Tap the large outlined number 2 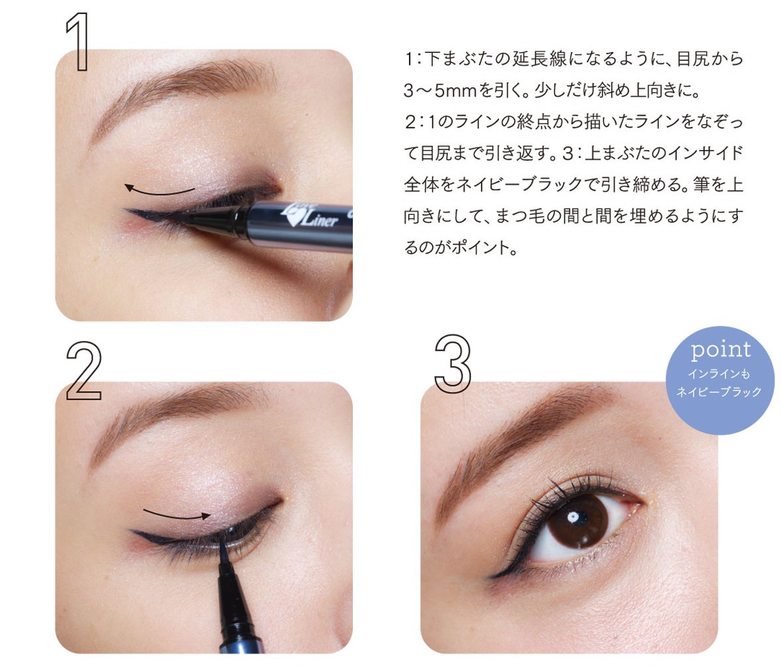click(x=84, y=371)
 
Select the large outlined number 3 click(x=452, y=363)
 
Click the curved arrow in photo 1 click(x=159, y=191)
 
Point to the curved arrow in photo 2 click(x=177, y=515)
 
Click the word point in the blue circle click(x=721, y=350)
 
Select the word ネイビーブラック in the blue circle click(x=719, y=392)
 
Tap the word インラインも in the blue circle click(x=719, y=373)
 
